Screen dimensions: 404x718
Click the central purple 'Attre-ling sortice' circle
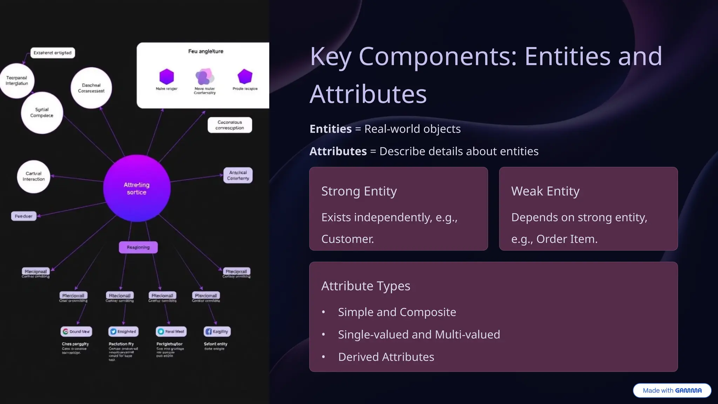pos(137,188)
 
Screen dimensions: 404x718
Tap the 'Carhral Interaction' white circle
pos(34,176)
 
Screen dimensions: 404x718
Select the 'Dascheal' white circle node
pos(91,88)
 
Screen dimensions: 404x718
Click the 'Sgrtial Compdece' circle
pos(42,113)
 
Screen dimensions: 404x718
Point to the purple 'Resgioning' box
pos(138,247)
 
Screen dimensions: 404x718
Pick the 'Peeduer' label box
pos(23,216)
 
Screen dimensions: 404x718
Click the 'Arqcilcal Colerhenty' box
pos(238,175)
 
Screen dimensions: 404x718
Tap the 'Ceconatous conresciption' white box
pos(230,125)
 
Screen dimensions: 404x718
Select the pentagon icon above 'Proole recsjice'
pos(245,76)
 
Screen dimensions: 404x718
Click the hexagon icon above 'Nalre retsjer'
pos(167,76)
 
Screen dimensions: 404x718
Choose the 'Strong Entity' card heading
pos(359,191)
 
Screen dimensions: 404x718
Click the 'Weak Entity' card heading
pos(545,191)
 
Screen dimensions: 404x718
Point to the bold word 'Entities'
pos(330,129)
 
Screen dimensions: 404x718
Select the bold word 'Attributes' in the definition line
pos(338,151)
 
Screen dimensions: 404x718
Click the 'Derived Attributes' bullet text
pos(386,357)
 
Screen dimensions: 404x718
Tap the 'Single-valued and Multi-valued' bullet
pos(419,335)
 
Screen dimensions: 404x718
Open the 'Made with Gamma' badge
pos(672,390)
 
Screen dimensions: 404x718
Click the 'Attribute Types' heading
pos(366,286)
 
